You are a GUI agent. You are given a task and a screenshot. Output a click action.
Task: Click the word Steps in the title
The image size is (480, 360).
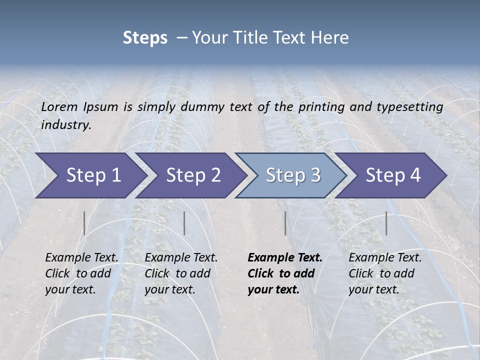coord(145,38)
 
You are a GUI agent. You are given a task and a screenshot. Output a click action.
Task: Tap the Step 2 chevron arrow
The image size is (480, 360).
coord(193,175)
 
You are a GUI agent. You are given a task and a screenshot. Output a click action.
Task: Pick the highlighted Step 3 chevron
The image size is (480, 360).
coord(293,175)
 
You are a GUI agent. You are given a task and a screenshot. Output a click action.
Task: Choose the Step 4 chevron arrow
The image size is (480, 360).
coord(393,175)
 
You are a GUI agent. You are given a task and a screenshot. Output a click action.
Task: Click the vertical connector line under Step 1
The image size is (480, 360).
coord(84,223)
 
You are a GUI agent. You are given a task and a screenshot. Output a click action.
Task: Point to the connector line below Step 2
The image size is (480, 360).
coord(184,223)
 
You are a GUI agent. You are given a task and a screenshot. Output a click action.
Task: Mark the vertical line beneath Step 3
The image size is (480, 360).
coord(285,223)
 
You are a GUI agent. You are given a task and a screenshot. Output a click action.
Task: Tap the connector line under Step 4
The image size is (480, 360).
coord(386,223)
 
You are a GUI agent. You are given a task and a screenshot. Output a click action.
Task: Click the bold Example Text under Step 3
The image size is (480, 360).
coord(285,273)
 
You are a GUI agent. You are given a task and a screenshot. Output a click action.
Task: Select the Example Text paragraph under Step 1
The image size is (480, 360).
coord(81,273)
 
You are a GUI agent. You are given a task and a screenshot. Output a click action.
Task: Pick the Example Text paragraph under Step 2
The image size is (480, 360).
coord(181,273)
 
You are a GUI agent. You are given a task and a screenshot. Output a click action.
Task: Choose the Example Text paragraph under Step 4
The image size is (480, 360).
coord(385,273)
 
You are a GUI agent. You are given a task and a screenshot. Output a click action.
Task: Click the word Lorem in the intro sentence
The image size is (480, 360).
coord(59,106)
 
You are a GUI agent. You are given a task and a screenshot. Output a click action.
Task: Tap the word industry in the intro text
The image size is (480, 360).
coord(66,124)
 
